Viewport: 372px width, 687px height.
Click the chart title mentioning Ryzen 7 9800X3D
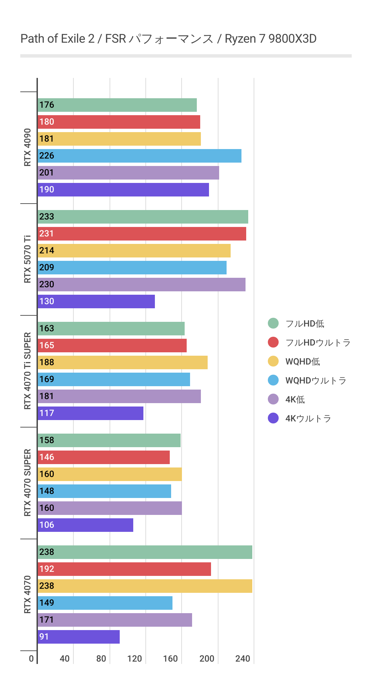(x=168, y=39)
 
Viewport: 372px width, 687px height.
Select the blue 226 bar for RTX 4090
(x=139, y=156)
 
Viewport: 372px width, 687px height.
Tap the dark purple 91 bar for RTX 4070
(x=79, y=637)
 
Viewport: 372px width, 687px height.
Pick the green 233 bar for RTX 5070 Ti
(x=143, y=217)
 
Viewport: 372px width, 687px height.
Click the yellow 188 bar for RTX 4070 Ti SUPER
(x=122, y=362)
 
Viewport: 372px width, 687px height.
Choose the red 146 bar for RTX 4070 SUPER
(x=103, y=457)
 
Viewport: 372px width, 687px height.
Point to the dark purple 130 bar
(x=96, y=301)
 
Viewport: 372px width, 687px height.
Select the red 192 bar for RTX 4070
(x=124, y=569)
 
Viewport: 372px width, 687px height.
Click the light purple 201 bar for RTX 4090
(x=128, y=173)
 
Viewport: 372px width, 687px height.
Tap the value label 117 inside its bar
(x=47, y=413)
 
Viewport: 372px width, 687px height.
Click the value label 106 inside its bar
(x=47, y=525)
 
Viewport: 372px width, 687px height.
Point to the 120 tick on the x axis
(x=135, y=659)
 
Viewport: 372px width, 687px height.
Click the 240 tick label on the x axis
(x=243, y=659)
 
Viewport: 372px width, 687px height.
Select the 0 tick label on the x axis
(x=31, y=659)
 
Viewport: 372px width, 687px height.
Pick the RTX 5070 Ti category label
(x=27, y=259)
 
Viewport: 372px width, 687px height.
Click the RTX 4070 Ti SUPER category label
(x=27, y=371)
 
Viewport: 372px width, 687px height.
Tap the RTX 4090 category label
(x=27, y=147)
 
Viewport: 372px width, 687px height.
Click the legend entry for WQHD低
(x=302, y=361)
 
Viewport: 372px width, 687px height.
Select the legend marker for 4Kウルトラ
(x=273, y=418)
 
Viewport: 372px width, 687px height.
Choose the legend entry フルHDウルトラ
(x=318, y=342)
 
